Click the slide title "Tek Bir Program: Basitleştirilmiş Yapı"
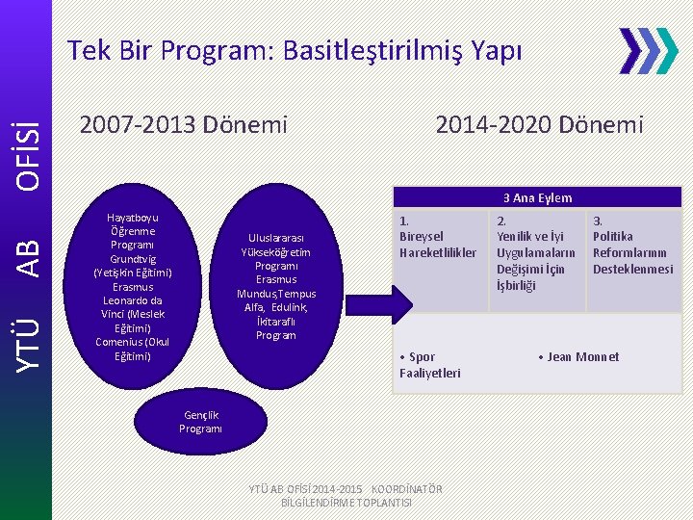(x=295, y=50)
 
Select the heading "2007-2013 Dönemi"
(x=184, y=124)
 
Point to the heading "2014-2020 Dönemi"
(x=539, y=124)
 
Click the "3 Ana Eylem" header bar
(x=537, y=197)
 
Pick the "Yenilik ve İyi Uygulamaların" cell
(x=535, y=252)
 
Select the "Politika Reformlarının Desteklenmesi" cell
(x=632, y=245)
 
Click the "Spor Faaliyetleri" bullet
(x=429, y=365)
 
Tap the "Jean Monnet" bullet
(x=580, y=357)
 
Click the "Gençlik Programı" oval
(x=200, y=421)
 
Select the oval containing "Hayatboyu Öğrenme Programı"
(x=133, y=286)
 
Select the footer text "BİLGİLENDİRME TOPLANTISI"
(x=346, y=503)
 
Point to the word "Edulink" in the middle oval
(x=289, y=307)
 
